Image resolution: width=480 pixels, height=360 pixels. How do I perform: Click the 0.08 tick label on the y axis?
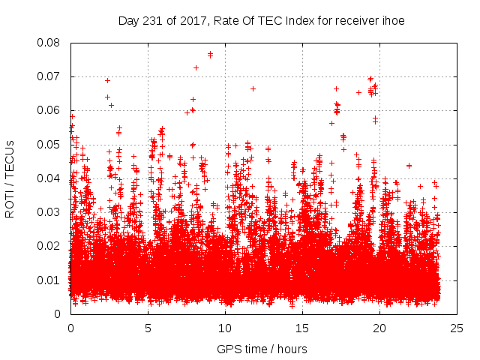(51, 42)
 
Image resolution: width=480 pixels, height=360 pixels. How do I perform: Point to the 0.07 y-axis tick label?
(51, 76)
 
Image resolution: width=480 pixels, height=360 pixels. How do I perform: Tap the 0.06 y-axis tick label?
(51, 110)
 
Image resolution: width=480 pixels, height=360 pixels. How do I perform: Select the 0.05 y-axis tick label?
(51, 144)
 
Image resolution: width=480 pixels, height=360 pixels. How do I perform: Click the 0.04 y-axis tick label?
(51, 178)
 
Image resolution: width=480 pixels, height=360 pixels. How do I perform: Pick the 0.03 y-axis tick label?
(51, 212)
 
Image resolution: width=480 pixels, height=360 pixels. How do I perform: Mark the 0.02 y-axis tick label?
(51, 246)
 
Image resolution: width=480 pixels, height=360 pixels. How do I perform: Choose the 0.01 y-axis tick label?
(51, 280)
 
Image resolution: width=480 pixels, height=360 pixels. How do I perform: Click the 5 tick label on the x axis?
(148, 328)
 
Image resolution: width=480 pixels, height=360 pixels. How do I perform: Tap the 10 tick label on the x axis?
(225, 328)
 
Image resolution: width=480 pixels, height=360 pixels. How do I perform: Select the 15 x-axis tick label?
(302, 328)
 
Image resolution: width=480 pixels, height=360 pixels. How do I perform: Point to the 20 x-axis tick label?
(379, 328)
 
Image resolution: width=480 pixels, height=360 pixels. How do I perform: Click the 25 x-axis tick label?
(457, 328)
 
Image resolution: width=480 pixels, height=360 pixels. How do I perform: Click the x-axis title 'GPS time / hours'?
(262, 349)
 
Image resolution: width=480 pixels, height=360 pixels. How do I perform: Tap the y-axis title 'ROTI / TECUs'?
(10, 178)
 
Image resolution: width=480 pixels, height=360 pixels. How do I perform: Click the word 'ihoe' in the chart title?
(393, 20)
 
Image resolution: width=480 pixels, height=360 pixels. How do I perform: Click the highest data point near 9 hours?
(210, 54)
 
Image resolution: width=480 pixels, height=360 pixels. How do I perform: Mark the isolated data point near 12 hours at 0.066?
(253, 88)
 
